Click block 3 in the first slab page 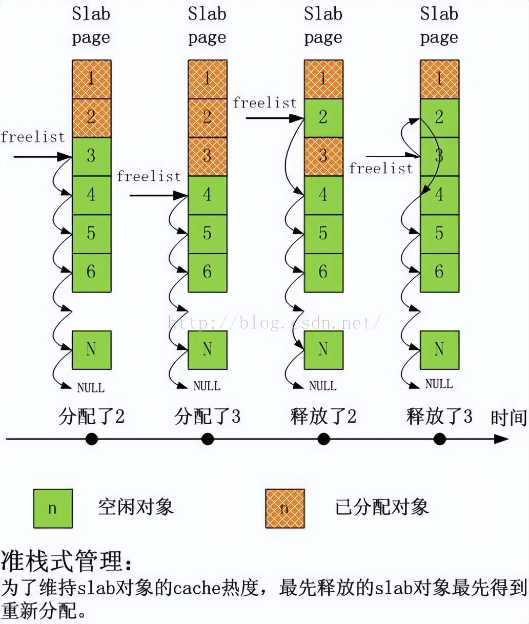click(91, 156)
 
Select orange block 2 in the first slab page click(91, 117)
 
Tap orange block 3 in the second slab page click(207, 156)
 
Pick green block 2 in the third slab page click(323, 117)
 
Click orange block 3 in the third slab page click(323, 156)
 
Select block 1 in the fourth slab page click(439, 79)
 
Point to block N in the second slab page click(207, 349)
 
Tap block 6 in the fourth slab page click(439, 272)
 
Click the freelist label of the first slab click(33, 137)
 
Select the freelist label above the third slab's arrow click(264, 102)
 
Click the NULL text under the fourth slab click(439, 384)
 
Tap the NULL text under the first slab click(91, 387)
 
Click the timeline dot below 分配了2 click(91, 439)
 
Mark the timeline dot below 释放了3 click(439, 439)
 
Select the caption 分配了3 click(207, 416)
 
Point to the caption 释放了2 click(323, 416)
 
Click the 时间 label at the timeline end click(508, 418)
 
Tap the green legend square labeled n click(53, 508)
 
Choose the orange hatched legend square click(285, 508)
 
